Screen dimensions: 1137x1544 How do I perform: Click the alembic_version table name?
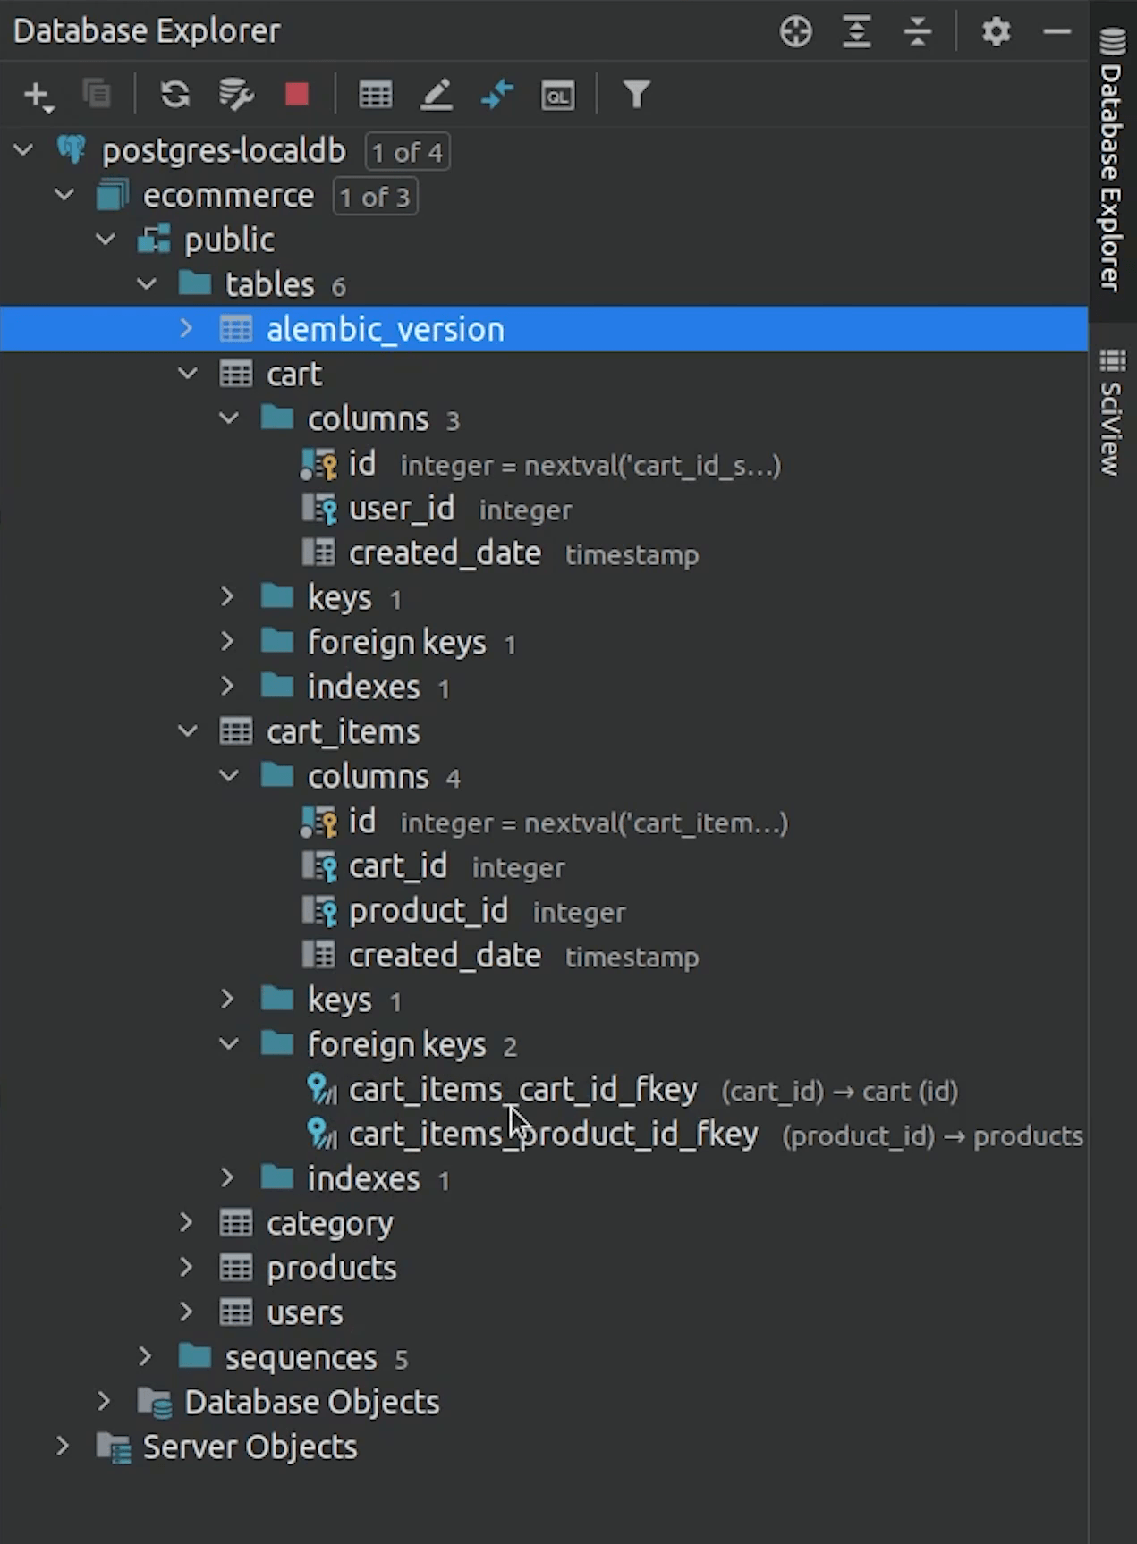tap(385, 330)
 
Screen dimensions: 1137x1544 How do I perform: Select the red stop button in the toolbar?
tap(297, 94)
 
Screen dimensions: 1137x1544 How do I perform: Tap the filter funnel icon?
tap(636, 94)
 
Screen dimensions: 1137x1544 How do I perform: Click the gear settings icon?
tap(996, 32)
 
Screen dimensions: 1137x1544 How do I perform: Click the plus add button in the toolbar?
tap(38, 95)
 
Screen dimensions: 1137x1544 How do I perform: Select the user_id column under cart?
tap(402, 509)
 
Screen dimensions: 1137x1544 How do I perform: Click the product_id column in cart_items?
tap(428, 911)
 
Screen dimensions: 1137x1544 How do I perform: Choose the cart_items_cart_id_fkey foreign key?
tap(523, 1090)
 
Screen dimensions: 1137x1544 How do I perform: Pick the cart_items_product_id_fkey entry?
tap(554, 1135)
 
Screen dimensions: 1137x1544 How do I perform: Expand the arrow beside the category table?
tap(186, 1222)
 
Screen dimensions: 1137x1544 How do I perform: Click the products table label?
tap(332, 1269)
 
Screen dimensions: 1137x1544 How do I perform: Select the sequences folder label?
tap(301, 1358)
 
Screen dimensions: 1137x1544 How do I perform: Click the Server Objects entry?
tap(250, 1447)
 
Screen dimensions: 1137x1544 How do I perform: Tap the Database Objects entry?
tap(312, 1403)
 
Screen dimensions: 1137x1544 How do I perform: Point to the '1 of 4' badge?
tap(407, 152)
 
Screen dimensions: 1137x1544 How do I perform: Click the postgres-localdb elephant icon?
tap(72, 150)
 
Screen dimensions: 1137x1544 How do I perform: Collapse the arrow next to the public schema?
tap(106, 240)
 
